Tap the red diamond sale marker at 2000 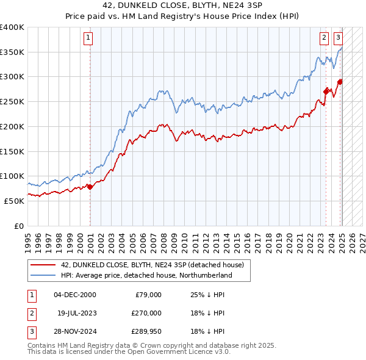(90, 187)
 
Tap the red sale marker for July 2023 (326, 92)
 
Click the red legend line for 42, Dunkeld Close (43, 265)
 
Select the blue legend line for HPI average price (43, 276)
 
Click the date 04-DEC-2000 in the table (74, 295)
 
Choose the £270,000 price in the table (146, 313)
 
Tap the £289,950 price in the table (146, 331)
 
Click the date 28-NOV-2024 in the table (74, 331)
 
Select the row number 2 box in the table (30, 313)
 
